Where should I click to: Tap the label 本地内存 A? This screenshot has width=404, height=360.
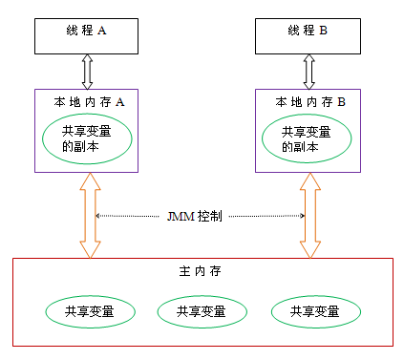click(89, 100)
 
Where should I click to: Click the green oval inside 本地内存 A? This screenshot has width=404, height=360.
click(89, 139)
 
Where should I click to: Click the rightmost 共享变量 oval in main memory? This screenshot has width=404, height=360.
click(316, 311)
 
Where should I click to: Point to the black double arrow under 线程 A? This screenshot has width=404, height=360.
click(88, 71)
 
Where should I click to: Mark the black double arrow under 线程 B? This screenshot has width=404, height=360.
click(308, 71)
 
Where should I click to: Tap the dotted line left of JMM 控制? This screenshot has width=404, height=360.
click(129, 216)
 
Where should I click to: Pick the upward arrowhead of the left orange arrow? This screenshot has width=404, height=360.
click(88, 181)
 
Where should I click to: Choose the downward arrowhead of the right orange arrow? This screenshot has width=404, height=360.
click(308, 249)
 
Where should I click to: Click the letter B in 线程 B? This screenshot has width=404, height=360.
click(323, 31)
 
